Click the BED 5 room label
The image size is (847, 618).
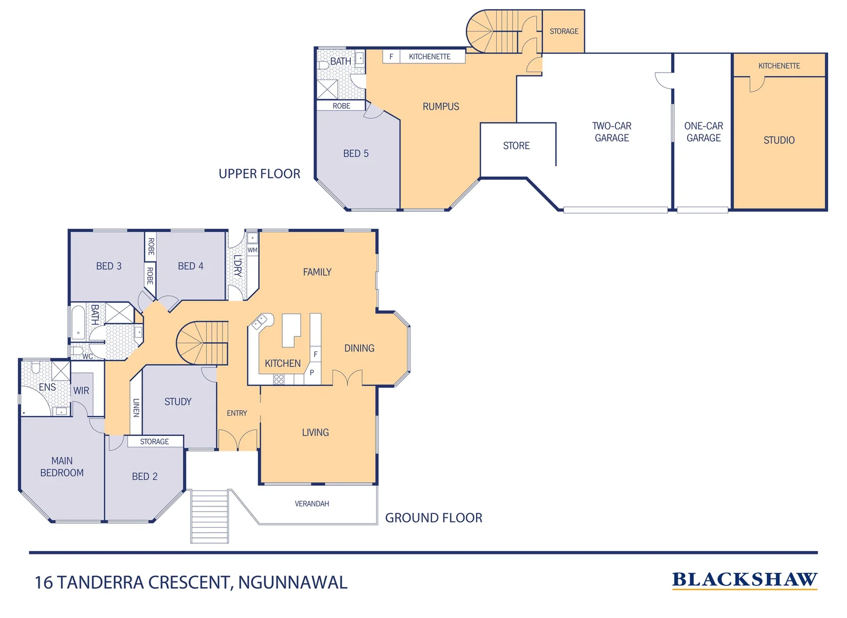pos(355,153)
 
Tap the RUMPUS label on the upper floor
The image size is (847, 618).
pos(441,106)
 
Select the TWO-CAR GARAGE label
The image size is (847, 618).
pos(611,132)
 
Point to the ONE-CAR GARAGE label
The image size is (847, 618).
pos(703,132)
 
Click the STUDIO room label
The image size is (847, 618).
pos(779,140)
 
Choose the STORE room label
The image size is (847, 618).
pos(516,146)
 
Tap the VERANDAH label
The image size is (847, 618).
pos(312,504)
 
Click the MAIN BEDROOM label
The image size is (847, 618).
pos(62,467)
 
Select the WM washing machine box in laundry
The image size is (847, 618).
pos(252,250)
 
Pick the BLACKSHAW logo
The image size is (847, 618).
pos(745,580)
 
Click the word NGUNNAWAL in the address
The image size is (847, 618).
pos(292,583)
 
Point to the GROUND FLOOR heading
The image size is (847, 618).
pos(433,518)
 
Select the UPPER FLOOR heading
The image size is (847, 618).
pos(259,174)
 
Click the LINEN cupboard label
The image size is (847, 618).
pos(136,407)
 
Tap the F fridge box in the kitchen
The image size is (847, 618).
pos(315,354)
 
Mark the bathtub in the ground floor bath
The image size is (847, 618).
pos(78,323)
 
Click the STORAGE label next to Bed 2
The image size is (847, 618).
pos(155,442)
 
